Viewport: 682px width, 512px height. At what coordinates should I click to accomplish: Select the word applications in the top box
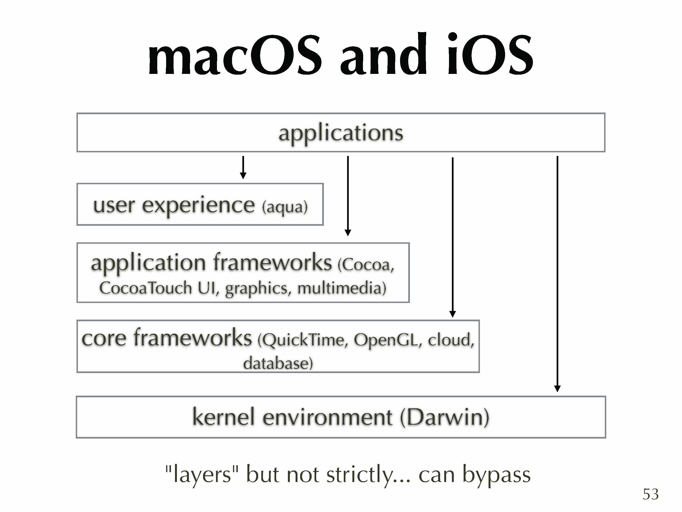tap(341, 133)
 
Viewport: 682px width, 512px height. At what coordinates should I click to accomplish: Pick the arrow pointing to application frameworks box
tap(348, 196)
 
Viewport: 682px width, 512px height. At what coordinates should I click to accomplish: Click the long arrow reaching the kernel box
tap(557, 274)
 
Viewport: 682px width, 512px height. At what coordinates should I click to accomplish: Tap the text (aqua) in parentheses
tap(285, 207)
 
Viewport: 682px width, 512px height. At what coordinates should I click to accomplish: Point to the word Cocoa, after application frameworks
tap(366, 265)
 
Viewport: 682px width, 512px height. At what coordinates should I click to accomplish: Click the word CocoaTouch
tap(146, 288)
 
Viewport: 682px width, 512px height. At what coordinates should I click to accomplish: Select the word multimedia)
tap(342, 288)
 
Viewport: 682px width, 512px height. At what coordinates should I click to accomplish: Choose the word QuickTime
tap(303, 340)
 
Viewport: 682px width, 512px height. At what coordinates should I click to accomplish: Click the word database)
tap(278, 363)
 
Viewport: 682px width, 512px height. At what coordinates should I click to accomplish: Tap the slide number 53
tap(651, 494)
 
